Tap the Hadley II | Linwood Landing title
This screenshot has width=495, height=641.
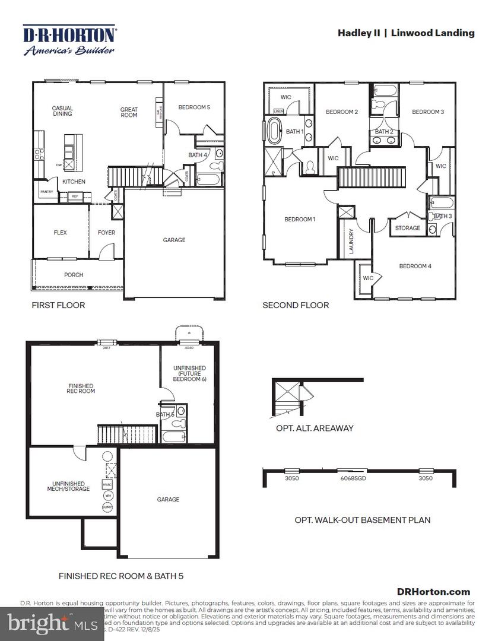click(x=406, y=33)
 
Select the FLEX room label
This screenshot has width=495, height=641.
click(x=60, y=233)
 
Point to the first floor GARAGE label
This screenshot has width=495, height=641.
click(x=174, y=240)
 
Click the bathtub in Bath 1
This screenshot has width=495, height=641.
click(x=274, y=131)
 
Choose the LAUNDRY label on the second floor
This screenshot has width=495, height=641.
click(x=351, y=241)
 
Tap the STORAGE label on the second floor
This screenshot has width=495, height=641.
click(x=408, y=228)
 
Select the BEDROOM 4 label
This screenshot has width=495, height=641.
click(x=415, y=266)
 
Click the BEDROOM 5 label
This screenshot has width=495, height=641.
click(x=194, y=107)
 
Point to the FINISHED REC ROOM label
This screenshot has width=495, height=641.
click(x=81, y=389)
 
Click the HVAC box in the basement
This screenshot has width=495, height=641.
click(x=107, y=485)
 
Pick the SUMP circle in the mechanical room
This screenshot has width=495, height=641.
click(x=107, y=507)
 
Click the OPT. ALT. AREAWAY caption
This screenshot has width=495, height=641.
click(x=315, y=428)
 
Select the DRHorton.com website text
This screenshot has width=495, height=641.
click(x=433, y=591)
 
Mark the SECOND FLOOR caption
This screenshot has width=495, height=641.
click(x=296, y=305)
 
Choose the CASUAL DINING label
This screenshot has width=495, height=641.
click(x=62, y=111)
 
